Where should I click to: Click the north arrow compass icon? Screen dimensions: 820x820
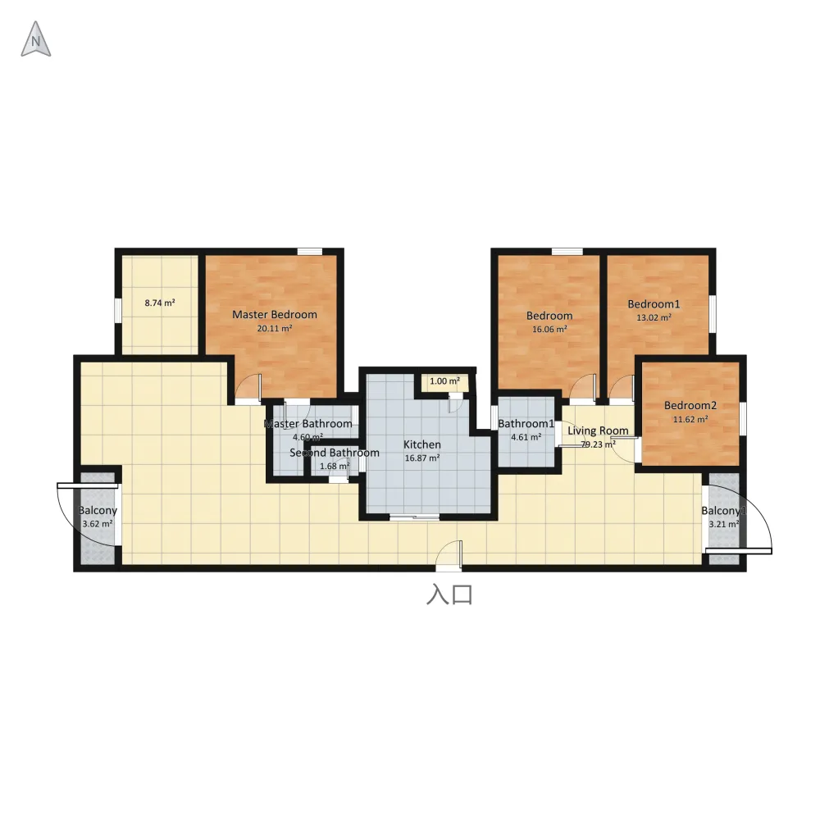tap(35, 39)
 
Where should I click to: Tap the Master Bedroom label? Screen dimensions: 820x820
tap(275, 315)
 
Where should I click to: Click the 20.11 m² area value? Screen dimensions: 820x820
tap(275, 329)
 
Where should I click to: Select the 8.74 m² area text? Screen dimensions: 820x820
tap(160, 303)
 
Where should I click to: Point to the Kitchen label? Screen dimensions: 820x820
tap(422, 444)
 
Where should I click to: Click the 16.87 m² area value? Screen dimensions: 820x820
tap(422, 458)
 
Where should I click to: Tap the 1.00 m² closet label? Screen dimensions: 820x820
tap(444, 381)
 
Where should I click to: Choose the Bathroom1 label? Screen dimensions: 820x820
tap(526, 424)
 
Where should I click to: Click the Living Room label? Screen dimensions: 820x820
tap(599, 431)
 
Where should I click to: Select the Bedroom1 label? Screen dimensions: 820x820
tap(654, 304)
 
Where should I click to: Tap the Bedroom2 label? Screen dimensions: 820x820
tap(690, 405)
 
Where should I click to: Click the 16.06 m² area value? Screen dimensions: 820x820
tap(549, 330)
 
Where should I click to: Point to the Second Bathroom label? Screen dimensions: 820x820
tap(335, 453)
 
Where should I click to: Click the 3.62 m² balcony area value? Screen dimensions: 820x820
tap(98, 524)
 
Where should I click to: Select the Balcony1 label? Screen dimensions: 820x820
tap(724, 511)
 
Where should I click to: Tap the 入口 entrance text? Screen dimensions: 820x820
tap(449, 595)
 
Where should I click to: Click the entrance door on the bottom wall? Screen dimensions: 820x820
tap(449, 556)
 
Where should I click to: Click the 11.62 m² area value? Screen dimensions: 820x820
tap(690, 419)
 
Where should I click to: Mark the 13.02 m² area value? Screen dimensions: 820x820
tap(654, 317)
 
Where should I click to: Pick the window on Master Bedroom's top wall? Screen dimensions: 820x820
tap(310, 252)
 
